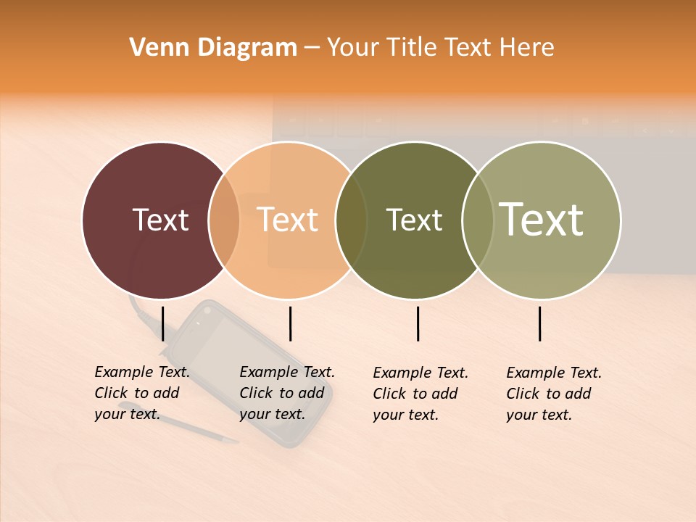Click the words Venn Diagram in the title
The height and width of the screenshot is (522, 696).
pos(213,48)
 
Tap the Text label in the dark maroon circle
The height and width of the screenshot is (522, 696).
pos(160,220)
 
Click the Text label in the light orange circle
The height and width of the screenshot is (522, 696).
pos(287,220)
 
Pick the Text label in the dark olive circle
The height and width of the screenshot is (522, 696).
pos(414,220)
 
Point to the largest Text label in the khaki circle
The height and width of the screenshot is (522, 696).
pos(542,220)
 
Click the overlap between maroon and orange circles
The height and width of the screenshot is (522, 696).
pos(224,220)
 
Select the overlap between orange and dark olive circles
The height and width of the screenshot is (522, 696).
pos(351,220)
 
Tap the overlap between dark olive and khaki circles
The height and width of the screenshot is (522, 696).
pos(478,220)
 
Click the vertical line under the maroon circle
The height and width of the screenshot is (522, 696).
pos(163,323)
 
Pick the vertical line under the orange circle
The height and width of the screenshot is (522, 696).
pos(290,323)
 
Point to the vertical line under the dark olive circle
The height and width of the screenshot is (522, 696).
pos(418,323)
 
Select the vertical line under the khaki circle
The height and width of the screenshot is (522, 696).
pos(540,323)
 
